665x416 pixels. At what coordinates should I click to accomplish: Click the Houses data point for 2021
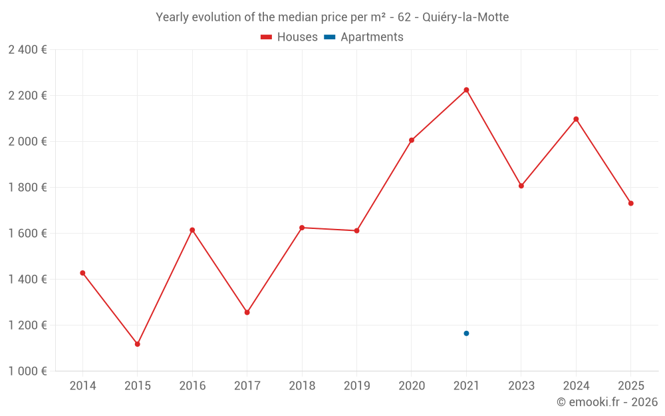466,90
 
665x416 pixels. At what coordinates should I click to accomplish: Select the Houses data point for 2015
138,344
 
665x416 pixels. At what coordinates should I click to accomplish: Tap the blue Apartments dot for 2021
466,333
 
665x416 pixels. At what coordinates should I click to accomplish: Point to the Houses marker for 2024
576,119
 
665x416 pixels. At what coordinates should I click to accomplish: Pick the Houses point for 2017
247,312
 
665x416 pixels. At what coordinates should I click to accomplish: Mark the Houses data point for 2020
412,140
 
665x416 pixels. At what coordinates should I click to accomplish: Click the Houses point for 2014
82,273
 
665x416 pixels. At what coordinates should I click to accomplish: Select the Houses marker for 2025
630,204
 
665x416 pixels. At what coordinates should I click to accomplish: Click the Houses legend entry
289,37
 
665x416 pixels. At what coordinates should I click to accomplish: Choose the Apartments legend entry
364,37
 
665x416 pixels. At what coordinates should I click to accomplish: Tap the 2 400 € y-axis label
27,50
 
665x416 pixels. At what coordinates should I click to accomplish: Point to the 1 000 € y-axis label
27,371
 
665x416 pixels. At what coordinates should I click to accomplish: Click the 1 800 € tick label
27,188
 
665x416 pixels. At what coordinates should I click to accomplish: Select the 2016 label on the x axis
192,386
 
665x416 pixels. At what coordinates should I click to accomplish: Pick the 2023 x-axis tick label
521,386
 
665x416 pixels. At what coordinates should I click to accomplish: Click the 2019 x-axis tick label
356,386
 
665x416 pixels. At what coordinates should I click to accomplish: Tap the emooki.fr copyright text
606,402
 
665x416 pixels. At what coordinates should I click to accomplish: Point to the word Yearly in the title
172,17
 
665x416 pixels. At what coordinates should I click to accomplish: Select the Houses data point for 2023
521,186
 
